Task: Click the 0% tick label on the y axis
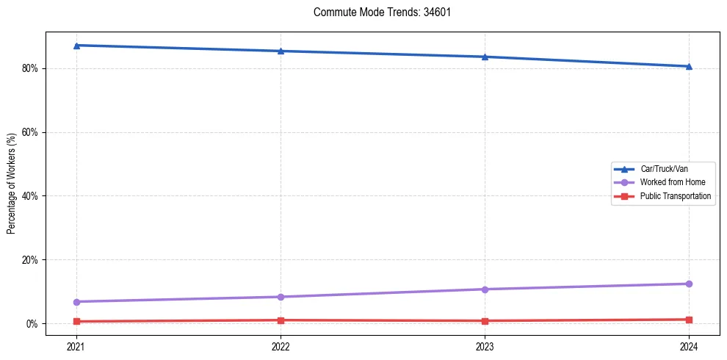pyautogui.click(x=32, y=324)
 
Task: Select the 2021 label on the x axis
pyautogui.click(x=76, y=345)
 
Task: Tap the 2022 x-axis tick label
pyautogui.click(x=281, y=345)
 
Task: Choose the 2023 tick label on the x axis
pyautogui.click(x=485, y=345)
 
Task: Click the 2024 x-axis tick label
pyautogui.click(x=689, y=345)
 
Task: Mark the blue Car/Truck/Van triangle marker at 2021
pyautogui.click(x=76, y=46)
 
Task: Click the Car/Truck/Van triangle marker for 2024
pyautogui.click(x=689, y=66)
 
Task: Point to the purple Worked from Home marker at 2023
pyautogui.click(x=485, y=289)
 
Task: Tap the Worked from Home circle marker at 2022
pyautogui.click(x=281, y=297)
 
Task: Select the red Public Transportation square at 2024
pyautogui.click(x=689, y=320)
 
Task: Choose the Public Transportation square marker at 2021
pyautogui.click(x=76, y=322)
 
